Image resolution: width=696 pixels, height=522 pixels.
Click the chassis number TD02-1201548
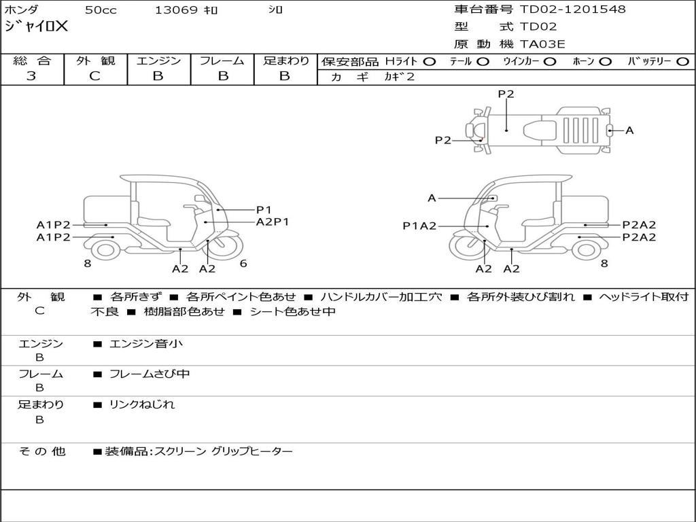(x=573, y=10)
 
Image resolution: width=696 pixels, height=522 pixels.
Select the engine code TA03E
(x=543, y=45)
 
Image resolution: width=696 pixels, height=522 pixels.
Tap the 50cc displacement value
(x=100, y=10)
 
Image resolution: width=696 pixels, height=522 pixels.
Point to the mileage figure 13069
(x=176, y=10)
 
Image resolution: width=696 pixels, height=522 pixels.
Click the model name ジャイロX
(x=37, y=27)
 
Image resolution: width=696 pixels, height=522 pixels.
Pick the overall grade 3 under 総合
(x=32, y=76)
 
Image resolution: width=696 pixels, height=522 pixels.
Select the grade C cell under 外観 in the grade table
(x=94, y=76)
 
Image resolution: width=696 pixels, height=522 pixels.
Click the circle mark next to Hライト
(x=429, y=61)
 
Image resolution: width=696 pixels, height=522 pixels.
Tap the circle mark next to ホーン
(x=605, y=61)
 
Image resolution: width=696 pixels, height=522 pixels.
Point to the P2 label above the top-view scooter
(x=506, y=94)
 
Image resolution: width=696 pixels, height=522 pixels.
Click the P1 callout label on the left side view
(x=264, y=210)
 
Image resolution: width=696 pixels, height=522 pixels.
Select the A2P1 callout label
(x=273, y=222)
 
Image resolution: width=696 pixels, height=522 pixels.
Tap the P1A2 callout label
(x=419, y=226)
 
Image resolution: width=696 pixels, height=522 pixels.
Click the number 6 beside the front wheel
(x=243, y=264)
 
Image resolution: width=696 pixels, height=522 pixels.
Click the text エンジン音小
(x=146, y=344)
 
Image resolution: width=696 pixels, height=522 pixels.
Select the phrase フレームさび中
(x=150, y=374)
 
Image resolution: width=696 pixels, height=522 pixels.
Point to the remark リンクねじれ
(x=142, y=404)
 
